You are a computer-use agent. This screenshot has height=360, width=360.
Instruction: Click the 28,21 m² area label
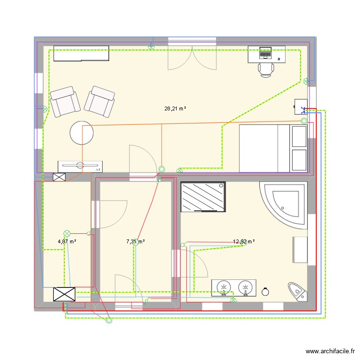[175, 109]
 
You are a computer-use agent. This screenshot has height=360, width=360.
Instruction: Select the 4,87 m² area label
[67, 241]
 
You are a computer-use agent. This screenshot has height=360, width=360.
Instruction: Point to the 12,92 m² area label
[243, 242]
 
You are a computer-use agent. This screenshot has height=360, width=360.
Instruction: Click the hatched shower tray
[203, 196]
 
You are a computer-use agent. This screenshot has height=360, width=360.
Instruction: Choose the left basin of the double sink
[223, 288]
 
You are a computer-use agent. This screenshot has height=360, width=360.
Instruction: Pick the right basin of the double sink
[245, 288]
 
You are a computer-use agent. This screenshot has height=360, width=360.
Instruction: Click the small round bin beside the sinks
[265, 291]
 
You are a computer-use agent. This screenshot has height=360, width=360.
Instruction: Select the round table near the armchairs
[82, 132]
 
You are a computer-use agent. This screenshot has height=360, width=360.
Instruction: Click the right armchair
[100, 101]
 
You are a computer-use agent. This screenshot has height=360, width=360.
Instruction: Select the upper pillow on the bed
[299, 136]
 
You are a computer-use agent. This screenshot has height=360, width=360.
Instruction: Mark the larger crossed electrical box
[64, 294]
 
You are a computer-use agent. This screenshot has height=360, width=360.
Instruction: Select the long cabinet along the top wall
[81, 54]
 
